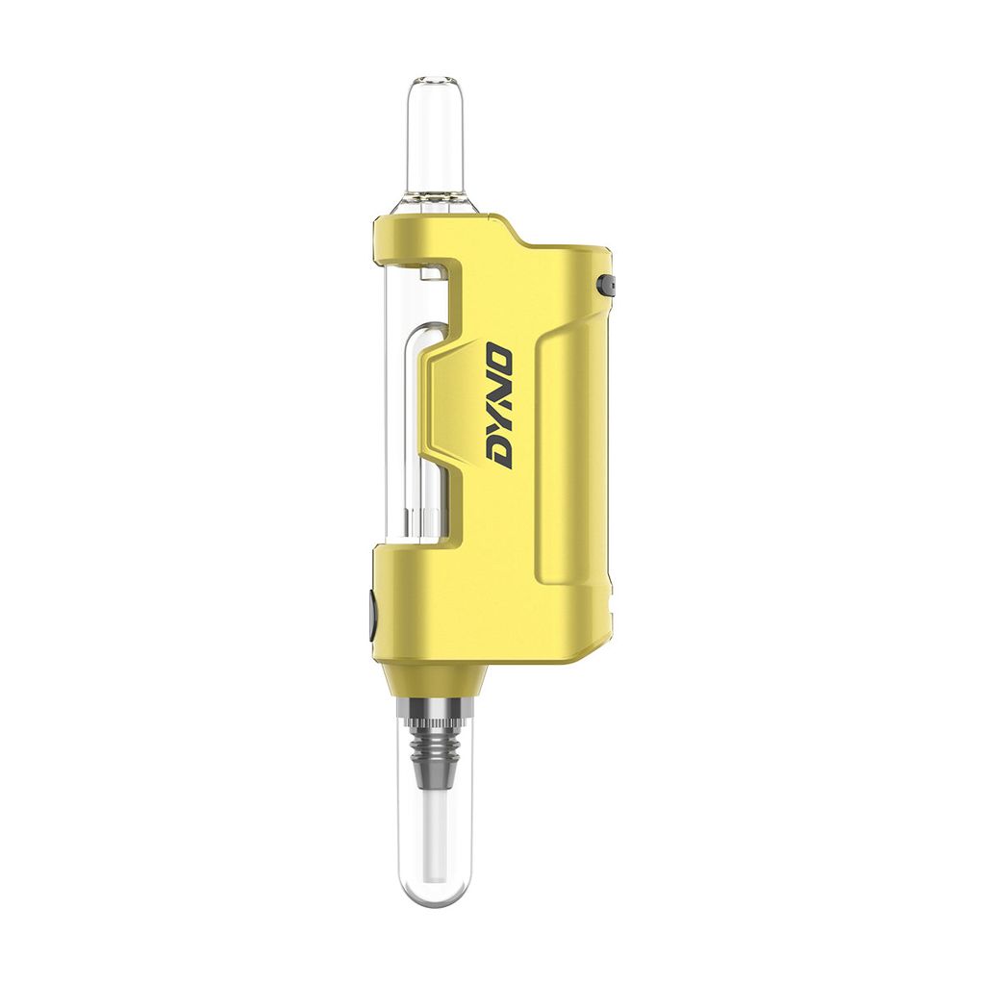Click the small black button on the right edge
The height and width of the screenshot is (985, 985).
609,285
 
